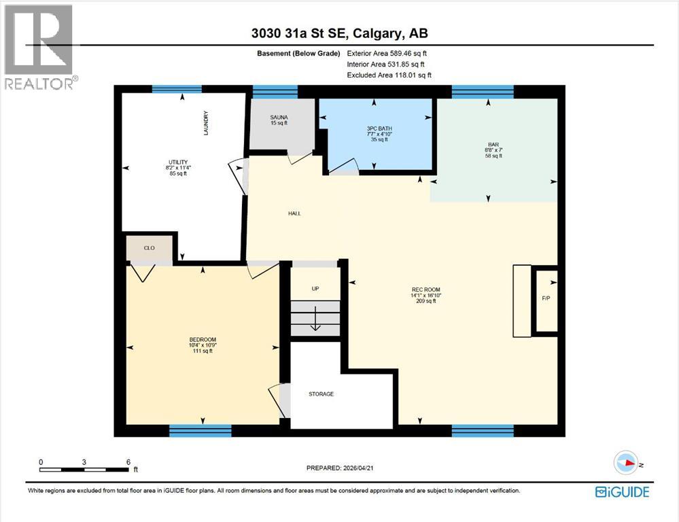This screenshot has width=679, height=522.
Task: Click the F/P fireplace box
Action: point(546,298)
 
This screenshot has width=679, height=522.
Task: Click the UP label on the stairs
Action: point(315,289)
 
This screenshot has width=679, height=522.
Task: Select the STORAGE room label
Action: point(321,394)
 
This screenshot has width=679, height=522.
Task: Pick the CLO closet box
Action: point(149,247)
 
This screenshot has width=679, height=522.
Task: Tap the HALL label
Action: point(294,213)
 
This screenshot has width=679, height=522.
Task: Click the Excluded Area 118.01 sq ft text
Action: point(389,75)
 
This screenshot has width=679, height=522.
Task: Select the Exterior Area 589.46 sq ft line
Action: point(387,53)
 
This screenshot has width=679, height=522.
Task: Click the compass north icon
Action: point(625,464)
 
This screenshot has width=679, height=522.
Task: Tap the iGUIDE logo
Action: point(621,492)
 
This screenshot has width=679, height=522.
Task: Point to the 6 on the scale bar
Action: point(128,462)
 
